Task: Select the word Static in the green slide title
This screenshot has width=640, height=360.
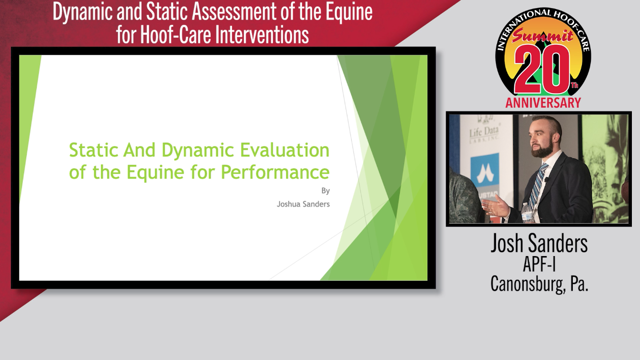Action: [x=94, y=150]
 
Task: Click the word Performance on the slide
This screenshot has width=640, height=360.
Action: [x=275, y=172]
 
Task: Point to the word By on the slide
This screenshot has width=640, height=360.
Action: [x=325, y=191]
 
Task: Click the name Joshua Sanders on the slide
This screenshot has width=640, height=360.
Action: [x=303, y=204]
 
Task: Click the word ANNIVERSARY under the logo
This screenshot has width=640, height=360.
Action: [x=543, y=103]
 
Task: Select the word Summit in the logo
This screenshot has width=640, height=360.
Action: [x=542, y=36]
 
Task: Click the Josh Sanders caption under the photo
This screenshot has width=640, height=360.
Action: [x=539, y=243]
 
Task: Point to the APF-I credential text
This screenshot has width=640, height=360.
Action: [x=539, y=265]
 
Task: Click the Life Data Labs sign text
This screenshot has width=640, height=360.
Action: [x=484, y=134]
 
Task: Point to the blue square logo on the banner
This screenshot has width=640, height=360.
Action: [x=485, y=170]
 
